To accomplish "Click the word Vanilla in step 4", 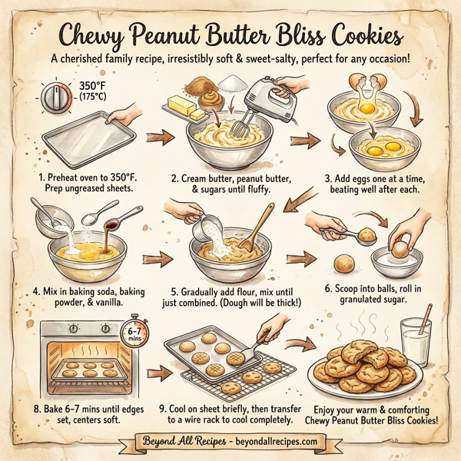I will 102,306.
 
